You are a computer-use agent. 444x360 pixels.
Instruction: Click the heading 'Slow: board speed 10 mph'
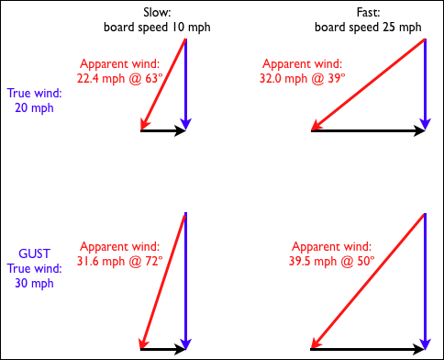point(156,20)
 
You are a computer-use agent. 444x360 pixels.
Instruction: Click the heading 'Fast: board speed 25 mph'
point(367,20)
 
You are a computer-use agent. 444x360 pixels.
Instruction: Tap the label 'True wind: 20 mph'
point(35,100)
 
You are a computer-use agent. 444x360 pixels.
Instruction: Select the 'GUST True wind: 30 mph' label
point(35,267)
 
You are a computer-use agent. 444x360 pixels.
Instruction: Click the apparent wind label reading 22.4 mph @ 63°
point(120,72)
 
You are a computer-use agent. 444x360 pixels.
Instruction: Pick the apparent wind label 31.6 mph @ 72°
point(120,254)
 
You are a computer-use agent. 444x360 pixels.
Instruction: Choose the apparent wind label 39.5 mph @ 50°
point(332,254)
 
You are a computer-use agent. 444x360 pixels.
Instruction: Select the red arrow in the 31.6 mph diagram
point(163,281)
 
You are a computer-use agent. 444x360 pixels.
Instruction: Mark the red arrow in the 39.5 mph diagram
point(369,281)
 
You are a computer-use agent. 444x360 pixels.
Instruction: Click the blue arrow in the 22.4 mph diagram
point(186,83)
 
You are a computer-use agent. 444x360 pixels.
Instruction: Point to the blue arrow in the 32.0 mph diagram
point(426,83)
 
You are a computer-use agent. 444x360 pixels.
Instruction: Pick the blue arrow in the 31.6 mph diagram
point(186,280)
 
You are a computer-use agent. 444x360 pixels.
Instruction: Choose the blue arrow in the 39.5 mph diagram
point(426,280)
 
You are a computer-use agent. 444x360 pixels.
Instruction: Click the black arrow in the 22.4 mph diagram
point(163,131)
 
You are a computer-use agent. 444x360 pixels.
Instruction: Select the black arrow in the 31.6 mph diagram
point(163,349)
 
